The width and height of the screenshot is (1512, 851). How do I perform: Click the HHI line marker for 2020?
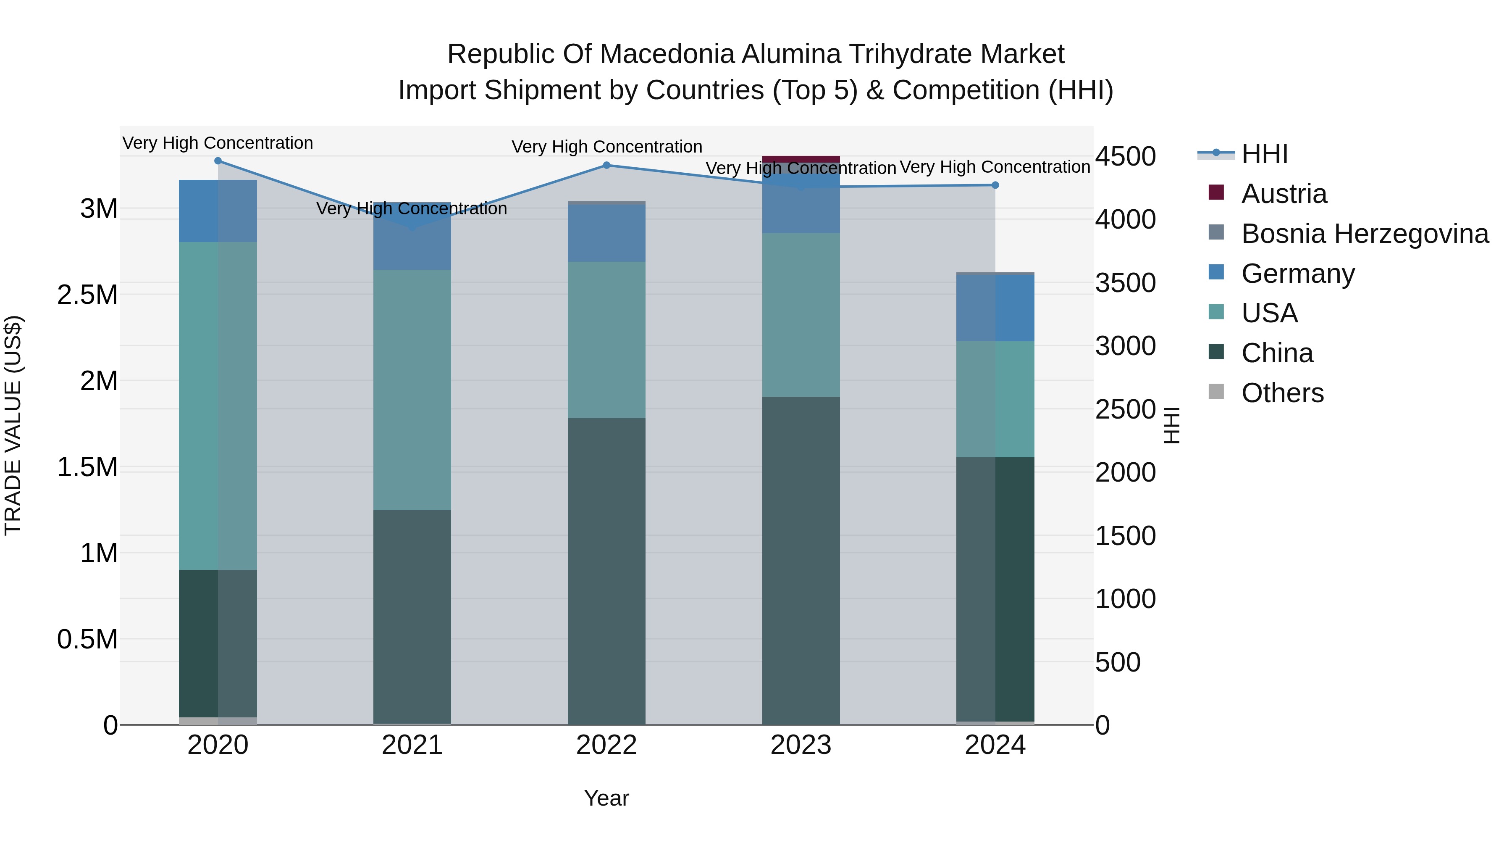(218, 161)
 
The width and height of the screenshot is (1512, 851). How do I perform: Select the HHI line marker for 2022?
(606, 166)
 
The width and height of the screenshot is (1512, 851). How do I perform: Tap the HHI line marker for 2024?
(995, 185)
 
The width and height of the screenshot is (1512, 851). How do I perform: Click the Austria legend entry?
(1284, 194)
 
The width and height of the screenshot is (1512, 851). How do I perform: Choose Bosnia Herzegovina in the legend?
(1365, 234)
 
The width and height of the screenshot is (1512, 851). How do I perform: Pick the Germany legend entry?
(1298, 274)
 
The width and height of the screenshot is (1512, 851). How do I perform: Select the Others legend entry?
(1283, 393)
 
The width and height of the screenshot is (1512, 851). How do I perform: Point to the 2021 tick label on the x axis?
(412, 745)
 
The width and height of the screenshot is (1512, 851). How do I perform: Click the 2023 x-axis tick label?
(801, 745)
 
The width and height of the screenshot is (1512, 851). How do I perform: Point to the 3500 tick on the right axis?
(1125, 283)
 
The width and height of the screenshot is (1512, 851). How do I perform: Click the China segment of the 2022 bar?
(606, 570)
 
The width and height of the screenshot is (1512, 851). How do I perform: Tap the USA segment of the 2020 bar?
(218, 405)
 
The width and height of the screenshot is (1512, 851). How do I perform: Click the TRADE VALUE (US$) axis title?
(13, 425)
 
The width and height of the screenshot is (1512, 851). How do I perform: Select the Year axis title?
(606, 798)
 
